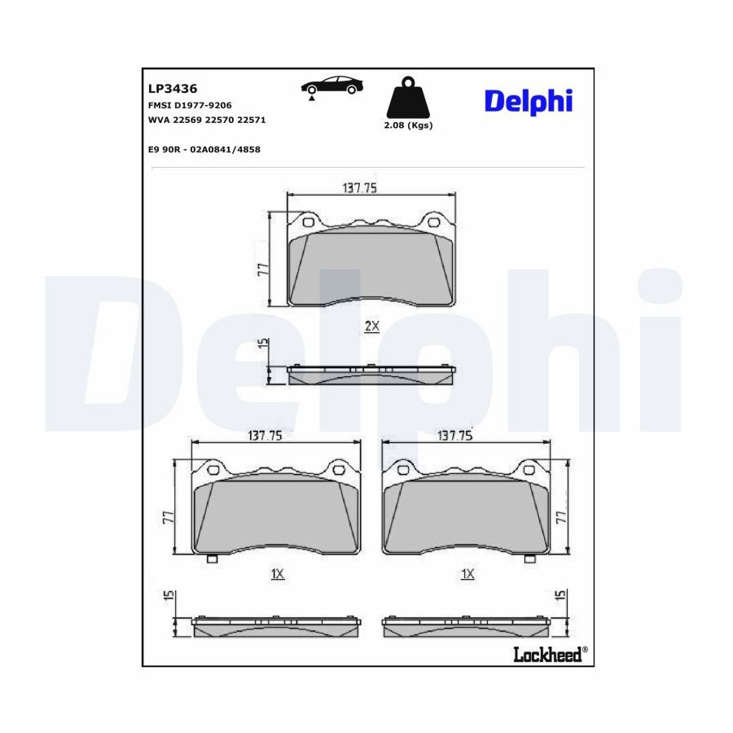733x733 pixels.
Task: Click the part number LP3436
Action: click(x=173, y=88)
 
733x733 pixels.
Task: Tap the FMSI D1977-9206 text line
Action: click(x=190, y=106)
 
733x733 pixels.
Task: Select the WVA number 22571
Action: click(x=251, y=121)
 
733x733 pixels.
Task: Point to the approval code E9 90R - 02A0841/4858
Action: click(x=204, y=150)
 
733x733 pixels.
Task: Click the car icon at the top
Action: click(x=332, y=87)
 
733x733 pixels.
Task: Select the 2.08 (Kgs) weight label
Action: click(x=408, y=125)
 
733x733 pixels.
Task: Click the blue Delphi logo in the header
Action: click(x=529, y=102)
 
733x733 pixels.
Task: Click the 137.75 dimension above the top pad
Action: click(x=359, y=188)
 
